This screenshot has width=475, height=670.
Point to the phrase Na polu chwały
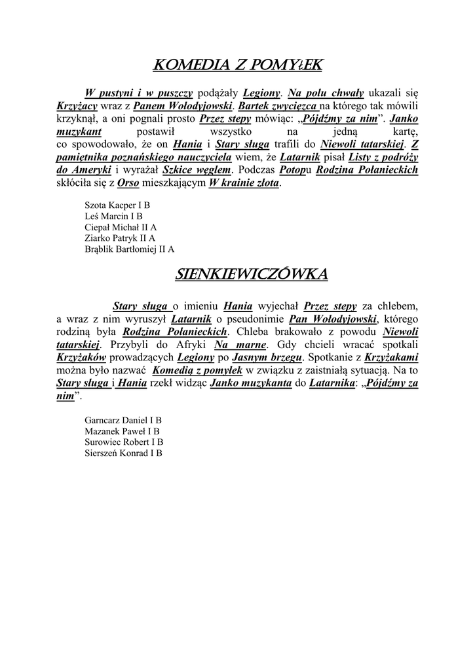[x=326, y=93]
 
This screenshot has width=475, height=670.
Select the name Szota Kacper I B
[x=117, y=205]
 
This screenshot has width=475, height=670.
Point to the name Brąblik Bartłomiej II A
[x=130, y=249]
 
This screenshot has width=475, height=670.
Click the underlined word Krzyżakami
[x=391, y=357]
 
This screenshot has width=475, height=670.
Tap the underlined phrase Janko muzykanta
[x=251, y=383]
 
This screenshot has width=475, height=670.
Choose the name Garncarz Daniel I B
[x=123, y=419]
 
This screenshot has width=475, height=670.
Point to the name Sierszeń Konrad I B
[x=124, y=452]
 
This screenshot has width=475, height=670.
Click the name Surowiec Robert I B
[x=124, y=442]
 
